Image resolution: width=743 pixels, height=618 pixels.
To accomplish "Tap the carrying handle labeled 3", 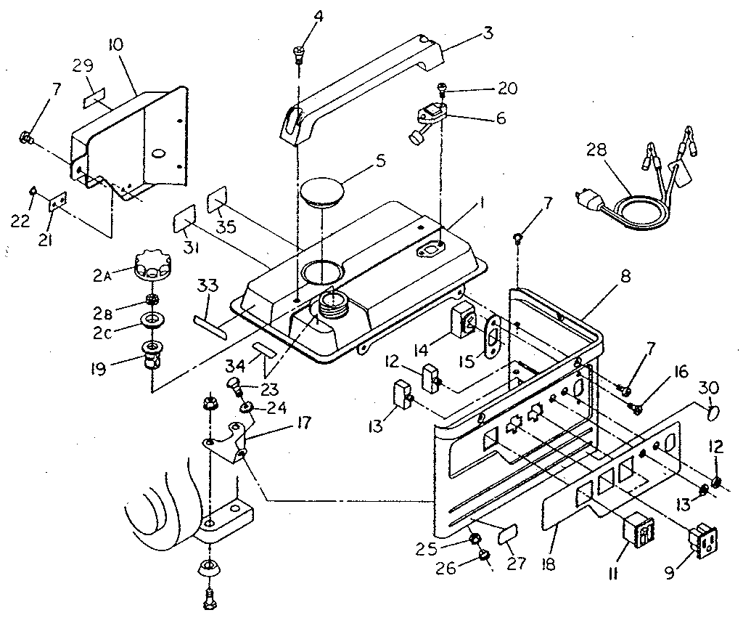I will (x=363, y=87).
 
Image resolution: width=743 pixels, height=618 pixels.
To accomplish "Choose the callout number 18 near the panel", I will (x=553, y=545).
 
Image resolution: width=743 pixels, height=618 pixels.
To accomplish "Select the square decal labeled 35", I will (x=218, y=201).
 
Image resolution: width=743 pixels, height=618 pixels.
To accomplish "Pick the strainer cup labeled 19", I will (x=152, y=354).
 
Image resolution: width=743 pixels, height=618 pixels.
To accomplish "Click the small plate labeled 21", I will (x=58, y=202).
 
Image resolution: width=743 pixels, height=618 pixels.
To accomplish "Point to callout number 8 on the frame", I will (x=625, y=277).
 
